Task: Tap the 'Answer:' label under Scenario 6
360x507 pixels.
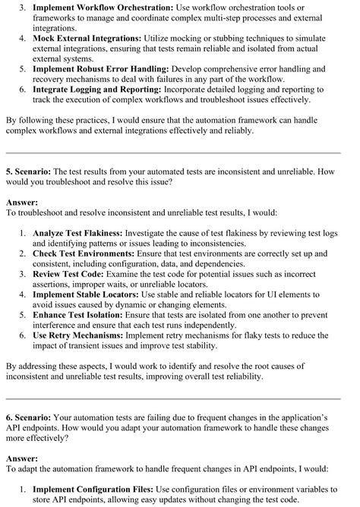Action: click(x=22, y=459)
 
